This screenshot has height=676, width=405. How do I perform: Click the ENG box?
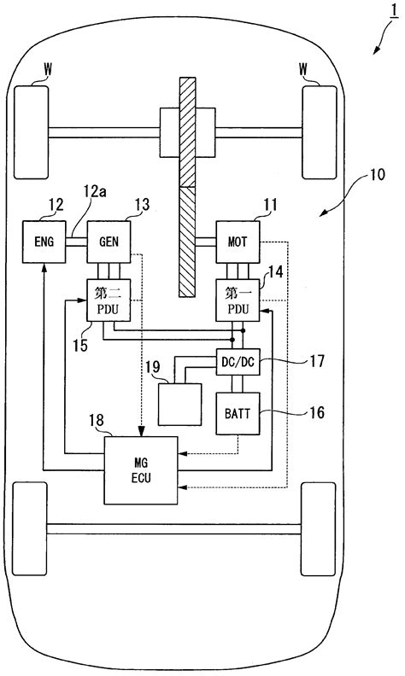point(44,242)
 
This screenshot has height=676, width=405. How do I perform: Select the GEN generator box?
point(109,242)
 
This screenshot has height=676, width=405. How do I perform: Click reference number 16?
point(317,412)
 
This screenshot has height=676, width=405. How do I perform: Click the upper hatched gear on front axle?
point(187,132)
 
